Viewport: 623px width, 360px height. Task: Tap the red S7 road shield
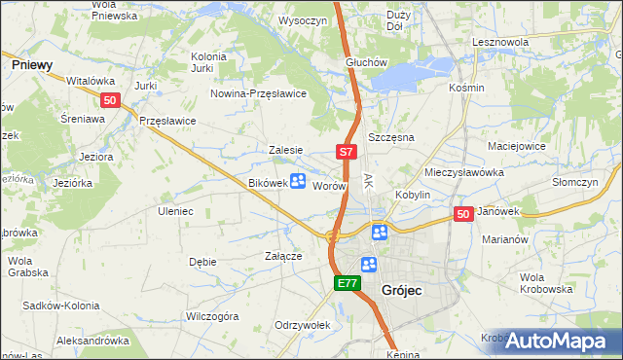pos(348,152)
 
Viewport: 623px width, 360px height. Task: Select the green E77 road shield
pos(348,283)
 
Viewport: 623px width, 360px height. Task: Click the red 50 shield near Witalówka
pos(110,100)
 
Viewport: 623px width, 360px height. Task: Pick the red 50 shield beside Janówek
pos(463,213)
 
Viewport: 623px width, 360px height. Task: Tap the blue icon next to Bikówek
pos(299,182)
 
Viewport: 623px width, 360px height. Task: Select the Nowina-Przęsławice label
pos(260,93)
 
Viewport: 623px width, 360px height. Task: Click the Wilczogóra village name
pos(212,316)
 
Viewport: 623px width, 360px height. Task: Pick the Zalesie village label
pos(286,150)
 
